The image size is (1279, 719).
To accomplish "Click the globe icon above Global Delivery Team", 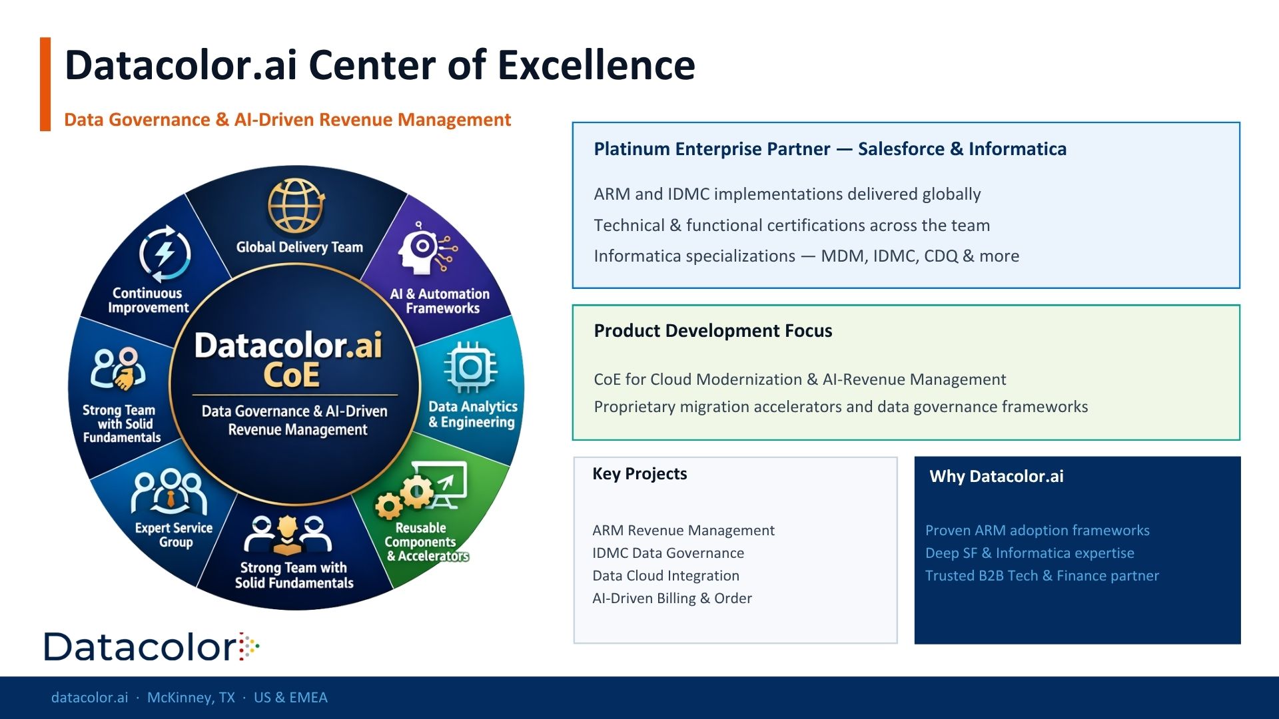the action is [296, 206].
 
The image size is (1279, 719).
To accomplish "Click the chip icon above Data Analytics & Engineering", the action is [470, 367].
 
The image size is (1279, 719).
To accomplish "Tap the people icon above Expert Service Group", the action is [169, 492].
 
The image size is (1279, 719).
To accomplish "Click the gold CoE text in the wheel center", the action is [292, 375].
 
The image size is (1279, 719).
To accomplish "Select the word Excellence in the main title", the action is [596, 65].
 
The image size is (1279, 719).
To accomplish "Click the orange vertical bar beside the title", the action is [45, 84].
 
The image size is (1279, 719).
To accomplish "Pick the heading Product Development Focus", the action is [713, 331].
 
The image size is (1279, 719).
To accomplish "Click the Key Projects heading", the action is [639, 474].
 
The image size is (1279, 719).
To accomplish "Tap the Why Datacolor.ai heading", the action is [997, 477].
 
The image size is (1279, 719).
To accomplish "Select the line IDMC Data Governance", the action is [668, 553].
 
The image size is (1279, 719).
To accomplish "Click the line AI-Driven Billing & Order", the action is [672, 599].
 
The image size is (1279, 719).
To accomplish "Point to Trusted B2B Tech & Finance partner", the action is [1042, 576].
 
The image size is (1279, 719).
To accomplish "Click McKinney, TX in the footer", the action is [191, 698].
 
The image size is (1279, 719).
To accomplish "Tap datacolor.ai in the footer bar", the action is [89, 698].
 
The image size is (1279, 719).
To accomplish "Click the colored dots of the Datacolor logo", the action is [249, 646].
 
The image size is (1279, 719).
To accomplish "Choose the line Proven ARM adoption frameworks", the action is [1037, 531].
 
